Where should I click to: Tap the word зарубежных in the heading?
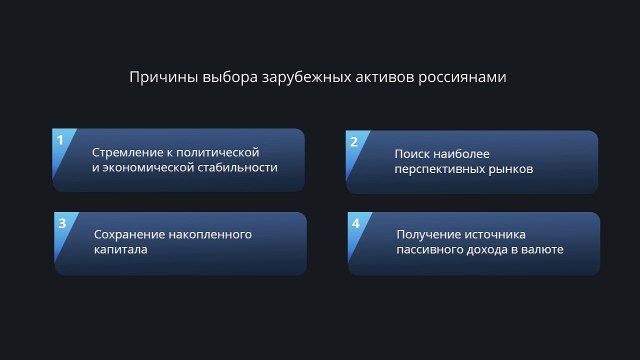[x=294, y=77]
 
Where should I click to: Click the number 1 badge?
[x=61, y=140]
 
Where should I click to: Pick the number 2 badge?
[x=354, y=141]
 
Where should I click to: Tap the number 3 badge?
[x=62, y=223]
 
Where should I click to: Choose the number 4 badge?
[x=356, y=223]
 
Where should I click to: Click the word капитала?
[x=121, y=250]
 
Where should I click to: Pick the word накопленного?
[x=211, y=234]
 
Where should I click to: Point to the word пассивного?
[x=431, y=250]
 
